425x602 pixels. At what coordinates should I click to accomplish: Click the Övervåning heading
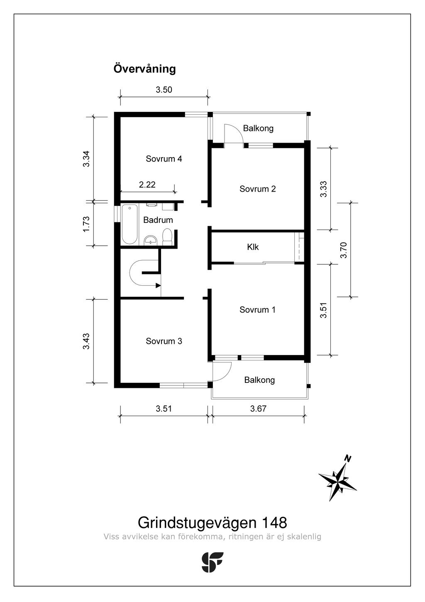[x=144, y=69]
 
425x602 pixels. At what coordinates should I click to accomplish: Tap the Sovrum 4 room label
[x=164, y=159]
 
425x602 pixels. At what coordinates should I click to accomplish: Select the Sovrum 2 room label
[x=257, y=189]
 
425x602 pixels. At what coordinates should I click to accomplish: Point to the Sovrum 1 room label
[x=257, y=310]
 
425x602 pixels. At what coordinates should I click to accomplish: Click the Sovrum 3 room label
[x=164, y=341]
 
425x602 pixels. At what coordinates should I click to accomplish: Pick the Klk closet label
[x=253, y=247]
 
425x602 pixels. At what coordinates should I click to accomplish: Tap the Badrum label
[x=158, y=220]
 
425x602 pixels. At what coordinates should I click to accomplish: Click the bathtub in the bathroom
[x=129, y=225]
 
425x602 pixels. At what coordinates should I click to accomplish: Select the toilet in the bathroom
[x=167, y=237]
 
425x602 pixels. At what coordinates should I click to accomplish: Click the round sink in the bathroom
[x=150, y=240]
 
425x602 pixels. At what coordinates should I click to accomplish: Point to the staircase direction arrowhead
[x=158, y=285]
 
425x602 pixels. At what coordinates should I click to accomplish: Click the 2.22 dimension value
[x=147, y=185]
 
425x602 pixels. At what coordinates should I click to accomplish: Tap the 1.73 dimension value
[x=86, y=224]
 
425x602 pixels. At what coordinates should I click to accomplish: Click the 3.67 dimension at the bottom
[x=258, y=409]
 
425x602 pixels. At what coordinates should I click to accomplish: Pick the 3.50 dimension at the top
[x=164, y=90]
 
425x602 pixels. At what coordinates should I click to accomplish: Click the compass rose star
[x=338, y=481]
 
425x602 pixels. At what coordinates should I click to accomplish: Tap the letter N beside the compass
[x=348, y=459]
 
